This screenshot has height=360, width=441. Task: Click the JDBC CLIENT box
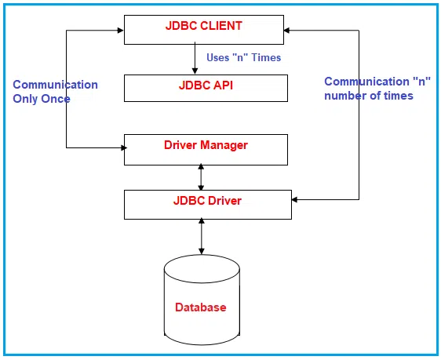[204, 30]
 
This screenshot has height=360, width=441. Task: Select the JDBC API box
[206, 89]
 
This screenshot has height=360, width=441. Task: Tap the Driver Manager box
[206, 150]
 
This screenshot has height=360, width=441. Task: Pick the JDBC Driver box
[208, 205]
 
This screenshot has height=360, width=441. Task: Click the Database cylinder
[202, 300]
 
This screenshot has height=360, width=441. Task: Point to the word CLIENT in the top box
[221, 26]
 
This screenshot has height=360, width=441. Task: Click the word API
[223, 85]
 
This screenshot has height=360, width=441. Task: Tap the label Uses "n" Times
[243, 57]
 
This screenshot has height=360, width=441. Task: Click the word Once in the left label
[56, 99]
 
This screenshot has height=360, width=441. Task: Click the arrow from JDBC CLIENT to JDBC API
[195, 58]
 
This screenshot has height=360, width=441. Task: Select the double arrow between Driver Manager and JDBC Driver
[201, 177]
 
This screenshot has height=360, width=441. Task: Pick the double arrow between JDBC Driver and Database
[202, 237]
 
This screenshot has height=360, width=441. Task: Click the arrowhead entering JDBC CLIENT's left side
[121, 30]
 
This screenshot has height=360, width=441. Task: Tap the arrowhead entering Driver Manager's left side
[124, 147]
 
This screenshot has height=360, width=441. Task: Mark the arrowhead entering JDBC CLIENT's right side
[287, 30]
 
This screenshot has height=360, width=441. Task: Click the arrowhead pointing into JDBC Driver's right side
[295, 200]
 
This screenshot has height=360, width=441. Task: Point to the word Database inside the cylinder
[201, 307]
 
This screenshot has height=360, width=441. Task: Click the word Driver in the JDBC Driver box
[224, 201]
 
